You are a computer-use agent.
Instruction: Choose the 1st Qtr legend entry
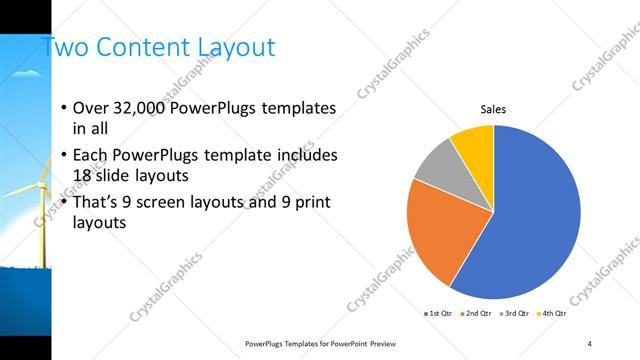tap(441, 313)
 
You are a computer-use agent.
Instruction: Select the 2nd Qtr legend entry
tap(478, 313)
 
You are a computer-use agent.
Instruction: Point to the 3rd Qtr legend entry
tap(515, 313)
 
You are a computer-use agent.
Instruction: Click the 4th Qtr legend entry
tap(552, 313)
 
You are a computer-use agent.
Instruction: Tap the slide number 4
tap(591, 343)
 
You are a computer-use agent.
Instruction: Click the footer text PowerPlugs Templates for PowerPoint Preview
tap(320, 343)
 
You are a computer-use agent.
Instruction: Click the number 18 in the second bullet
tap(85, 176)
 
